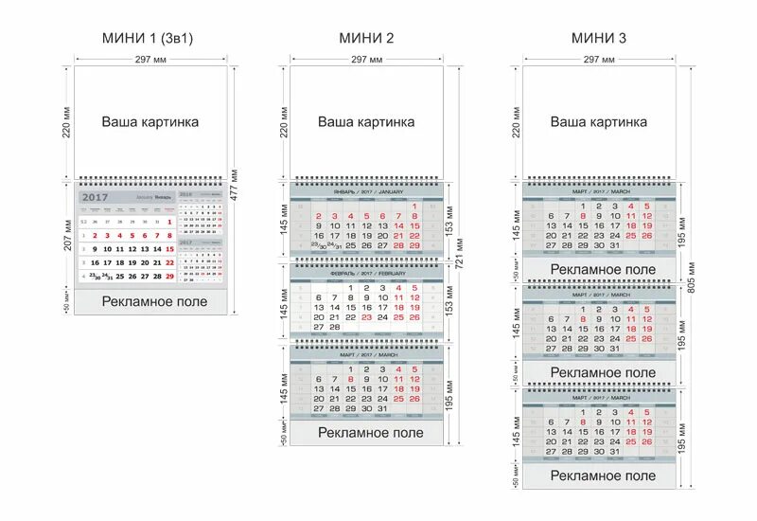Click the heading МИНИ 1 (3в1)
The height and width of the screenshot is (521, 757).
click(x=151, y=38)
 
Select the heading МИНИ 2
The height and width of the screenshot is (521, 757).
click(x=366, y=38)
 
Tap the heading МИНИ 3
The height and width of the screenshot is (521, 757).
click(x=599, y=38)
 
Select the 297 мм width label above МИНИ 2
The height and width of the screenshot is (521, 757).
click(x=366, y=60)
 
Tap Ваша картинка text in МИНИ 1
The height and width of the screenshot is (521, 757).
click(x=150, y=122)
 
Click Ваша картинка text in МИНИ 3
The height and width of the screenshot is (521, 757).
click(x=599, y=122)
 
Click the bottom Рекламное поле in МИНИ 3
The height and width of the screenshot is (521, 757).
click(x=602, y=476)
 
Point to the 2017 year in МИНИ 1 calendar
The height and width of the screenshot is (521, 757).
click(x=96, y=197)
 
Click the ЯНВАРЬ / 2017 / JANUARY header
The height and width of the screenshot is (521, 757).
click(x=367, y=191)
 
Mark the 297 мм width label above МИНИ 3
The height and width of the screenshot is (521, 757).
click(x=599, y=60)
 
